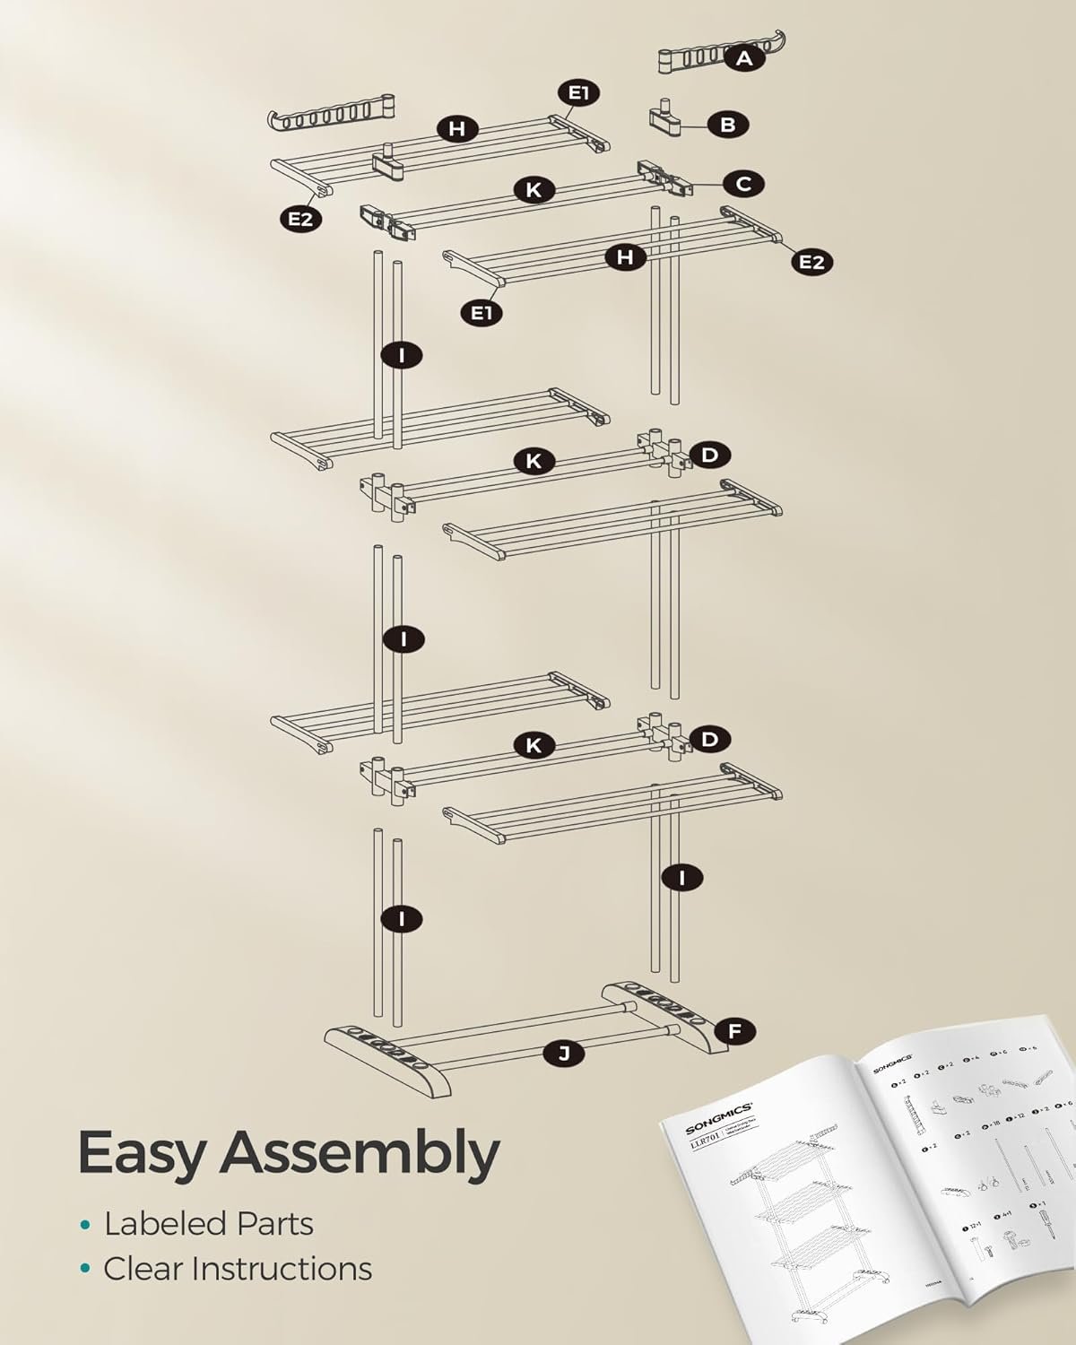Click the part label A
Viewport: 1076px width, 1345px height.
click(743, 58)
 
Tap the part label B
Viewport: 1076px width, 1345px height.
click(727, 125)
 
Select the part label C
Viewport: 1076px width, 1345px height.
click(743, 184)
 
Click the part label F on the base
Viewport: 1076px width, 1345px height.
click(734, 1032)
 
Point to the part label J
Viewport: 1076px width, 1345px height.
click(563, 1054)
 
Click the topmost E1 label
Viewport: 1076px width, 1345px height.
click(578, 92)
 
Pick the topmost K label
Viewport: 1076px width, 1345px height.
click(534, 189)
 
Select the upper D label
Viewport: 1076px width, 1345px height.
click(709, 455)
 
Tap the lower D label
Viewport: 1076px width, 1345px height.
click(709, 740)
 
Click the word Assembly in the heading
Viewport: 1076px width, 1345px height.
click(359, 1154)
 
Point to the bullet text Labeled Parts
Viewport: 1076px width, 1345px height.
click(208, 1224)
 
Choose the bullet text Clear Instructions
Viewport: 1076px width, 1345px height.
click(237, 1269)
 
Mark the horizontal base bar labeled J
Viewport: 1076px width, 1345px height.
click(502, 1040)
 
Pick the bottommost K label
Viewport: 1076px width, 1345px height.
click(534, 745)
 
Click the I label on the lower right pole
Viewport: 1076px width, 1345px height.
click(683, 877)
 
